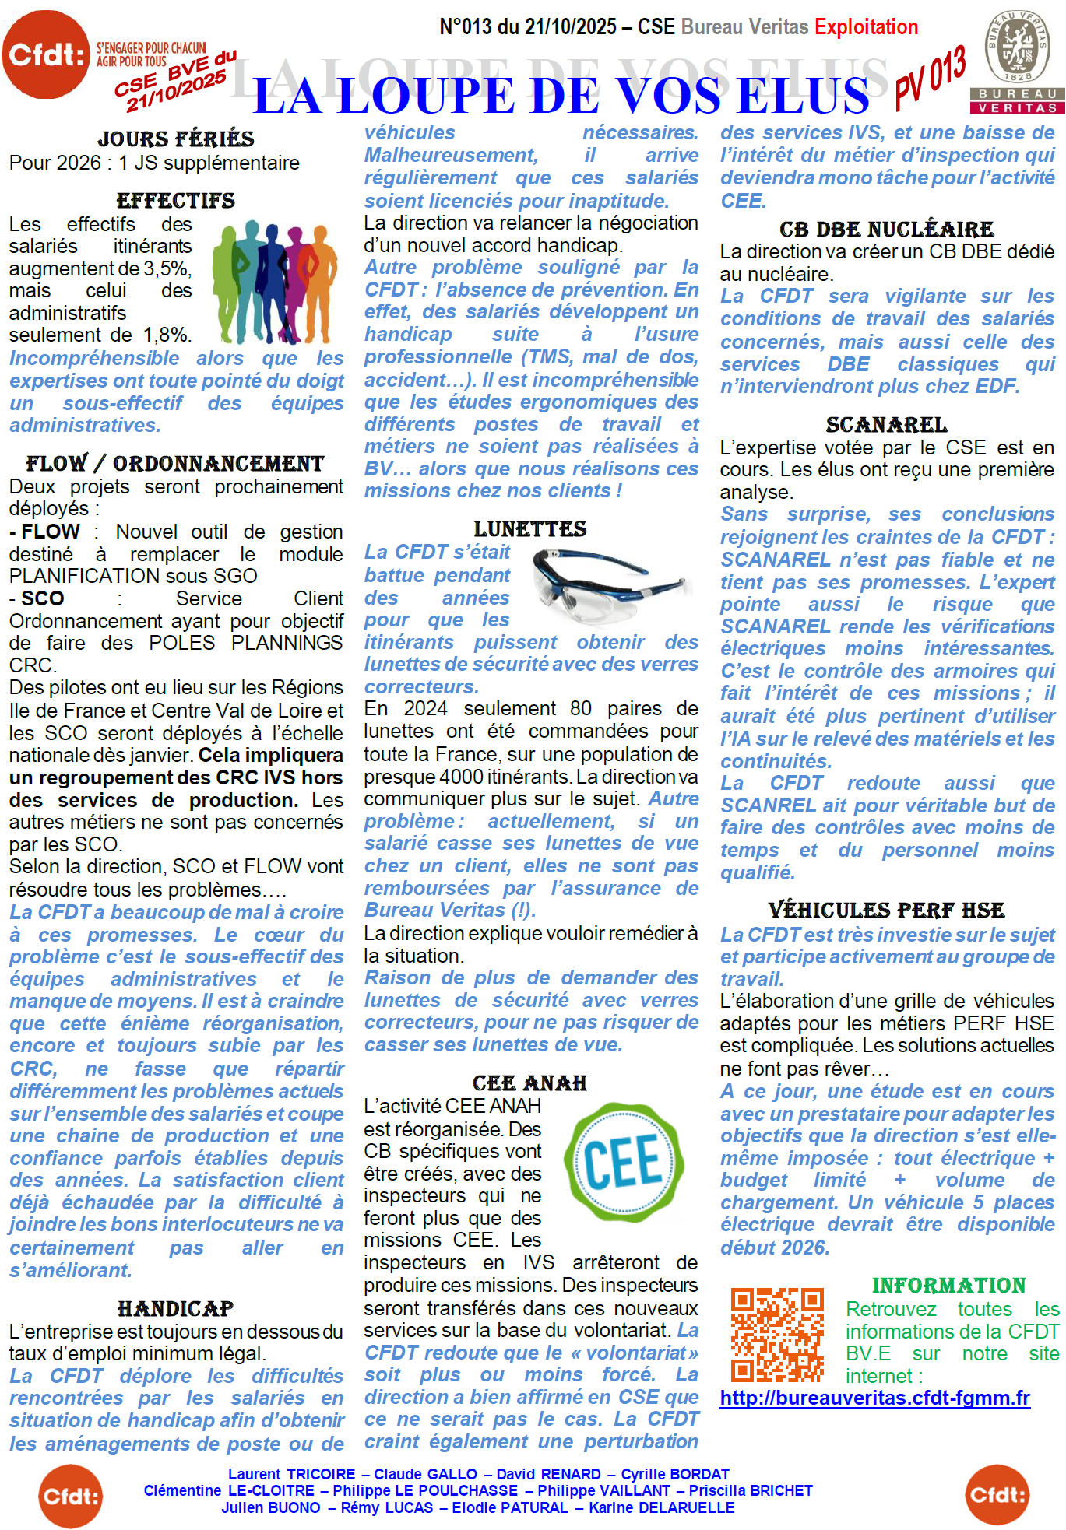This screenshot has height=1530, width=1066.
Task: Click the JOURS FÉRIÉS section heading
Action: pos(176,139)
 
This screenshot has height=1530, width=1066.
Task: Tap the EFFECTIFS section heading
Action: pos(176,201)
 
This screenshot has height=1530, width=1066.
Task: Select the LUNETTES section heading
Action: pos(530,529)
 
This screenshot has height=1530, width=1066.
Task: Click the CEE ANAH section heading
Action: pos(530,1083)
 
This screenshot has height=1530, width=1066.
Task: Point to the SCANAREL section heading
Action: pos(887,425)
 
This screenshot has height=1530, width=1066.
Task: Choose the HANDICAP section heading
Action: pos(176,1309)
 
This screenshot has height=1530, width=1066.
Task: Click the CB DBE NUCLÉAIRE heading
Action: pos(887,230)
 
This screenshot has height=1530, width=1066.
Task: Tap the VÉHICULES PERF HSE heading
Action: pos(887,911)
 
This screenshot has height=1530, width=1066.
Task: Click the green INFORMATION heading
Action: pos(948,1286)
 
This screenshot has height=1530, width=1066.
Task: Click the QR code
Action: pos(777,1334)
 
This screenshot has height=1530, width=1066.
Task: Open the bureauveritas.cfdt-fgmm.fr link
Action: pos(874,1398)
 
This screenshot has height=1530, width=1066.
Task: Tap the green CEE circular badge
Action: pos(624,1163)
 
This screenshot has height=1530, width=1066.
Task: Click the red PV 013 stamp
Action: pos(930,77)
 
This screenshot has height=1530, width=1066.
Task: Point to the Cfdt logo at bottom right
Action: pos(997,1495)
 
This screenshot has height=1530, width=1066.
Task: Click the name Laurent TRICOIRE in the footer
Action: pos(291,1474)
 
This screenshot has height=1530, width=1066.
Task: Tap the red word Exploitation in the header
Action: pos(866,27)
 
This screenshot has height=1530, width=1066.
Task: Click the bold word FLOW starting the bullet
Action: pos(51,532)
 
